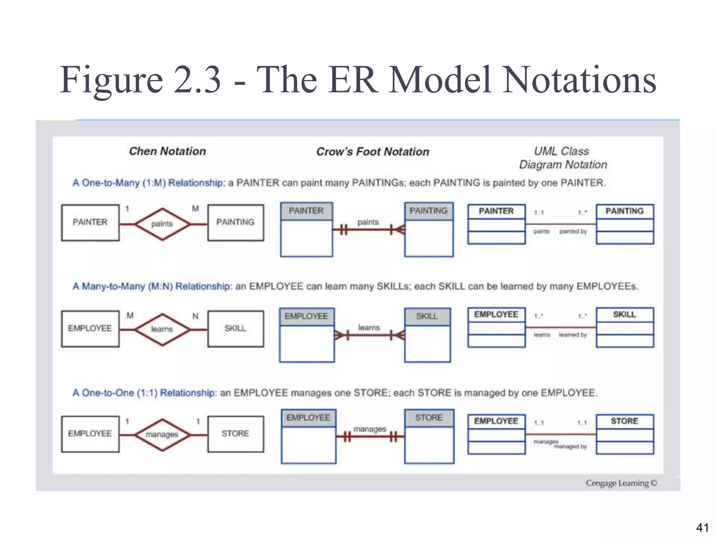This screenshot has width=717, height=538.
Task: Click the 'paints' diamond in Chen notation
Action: click(162, 224)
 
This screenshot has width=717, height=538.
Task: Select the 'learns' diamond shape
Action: click(162, 329)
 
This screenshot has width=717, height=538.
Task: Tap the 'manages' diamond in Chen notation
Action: click(162, 435)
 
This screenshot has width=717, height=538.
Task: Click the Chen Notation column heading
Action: click(167, 151)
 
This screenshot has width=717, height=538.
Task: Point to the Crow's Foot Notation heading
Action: click(373, 152)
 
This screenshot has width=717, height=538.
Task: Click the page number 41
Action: click(702, 527)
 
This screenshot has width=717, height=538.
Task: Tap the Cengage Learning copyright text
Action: click(621, 483)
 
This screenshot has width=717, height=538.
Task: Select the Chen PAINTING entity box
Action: click(235, 223)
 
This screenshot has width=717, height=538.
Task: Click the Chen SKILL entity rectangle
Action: click(235, 329)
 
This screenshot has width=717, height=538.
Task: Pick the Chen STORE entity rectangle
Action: click(235, 434)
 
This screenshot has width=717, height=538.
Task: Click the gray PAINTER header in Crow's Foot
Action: click(306, 211)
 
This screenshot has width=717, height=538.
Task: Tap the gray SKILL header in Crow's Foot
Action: click(427, 317)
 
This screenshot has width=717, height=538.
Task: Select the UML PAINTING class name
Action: click(625, 211)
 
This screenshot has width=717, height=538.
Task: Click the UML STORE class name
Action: click(625, 421)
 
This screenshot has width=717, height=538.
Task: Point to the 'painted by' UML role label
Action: click(573, 232)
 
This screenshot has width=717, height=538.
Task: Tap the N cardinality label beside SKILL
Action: click(195, 316)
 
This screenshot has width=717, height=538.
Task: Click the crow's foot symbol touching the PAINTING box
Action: click(399, 230)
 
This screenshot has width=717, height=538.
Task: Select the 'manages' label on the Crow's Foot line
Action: click(370, 429)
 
